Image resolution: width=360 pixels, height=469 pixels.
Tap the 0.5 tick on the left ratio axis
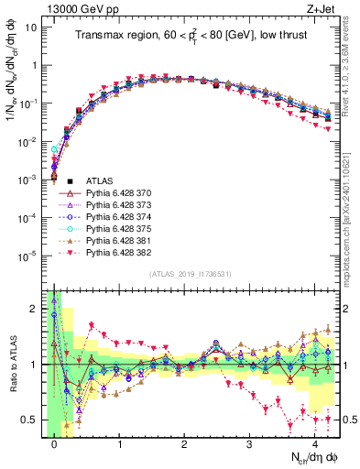(30, 420)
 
